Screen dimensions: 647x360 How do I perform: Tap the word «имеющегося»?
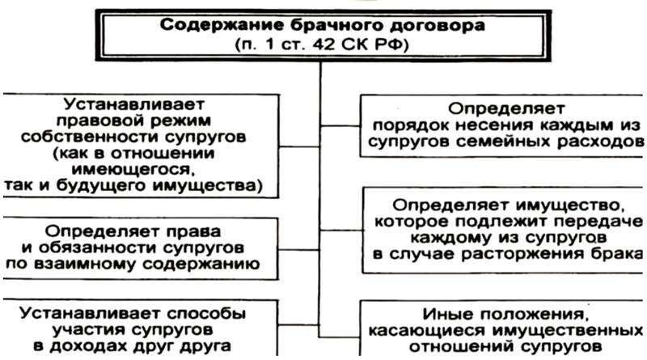(133, 170)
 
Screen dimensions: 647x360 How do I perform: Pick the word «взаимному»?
(87, 265)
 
